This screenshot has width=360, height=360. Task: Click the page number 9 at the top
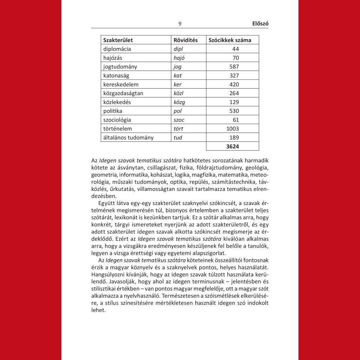(180, 24)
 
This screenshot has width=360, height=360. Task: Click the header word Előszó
(260, 24)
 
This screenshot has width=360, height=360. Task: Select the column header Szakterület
(118, 40)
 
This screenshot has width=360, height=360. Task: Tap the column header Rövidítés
(186, 40)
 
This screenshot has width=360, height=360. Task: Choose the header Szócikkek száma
(230, 40)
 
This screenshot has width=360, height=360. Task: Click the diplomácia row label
(117, 49)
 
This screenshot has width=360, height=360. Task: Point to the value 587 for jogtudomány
(233, 66)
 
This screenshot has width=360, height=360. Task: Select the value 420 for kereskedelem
(233, 84)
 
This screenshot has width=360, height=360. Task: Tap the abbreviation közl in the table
(179, 93)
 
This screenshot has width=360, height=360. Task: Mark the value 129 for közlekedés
(233, 102)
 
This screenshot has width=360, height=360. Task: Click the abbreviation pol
(178, 111)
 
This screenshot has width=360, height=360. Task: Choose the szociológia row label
(117, 120)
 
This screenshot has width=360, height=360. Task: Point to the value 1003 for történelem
(232, 129)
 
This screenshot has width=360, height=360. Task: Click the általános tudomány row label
(128, 137)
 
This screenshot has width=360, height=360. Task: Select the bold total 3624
(232, 146)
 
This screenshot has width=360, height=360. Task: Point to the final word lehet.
(98, 310)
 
